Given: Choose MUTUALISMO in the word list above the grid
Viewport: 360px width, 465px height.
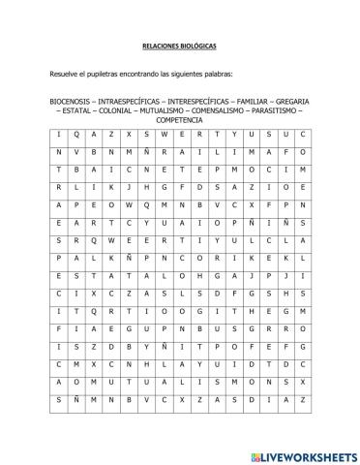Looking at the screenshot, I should pos(167,111).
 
